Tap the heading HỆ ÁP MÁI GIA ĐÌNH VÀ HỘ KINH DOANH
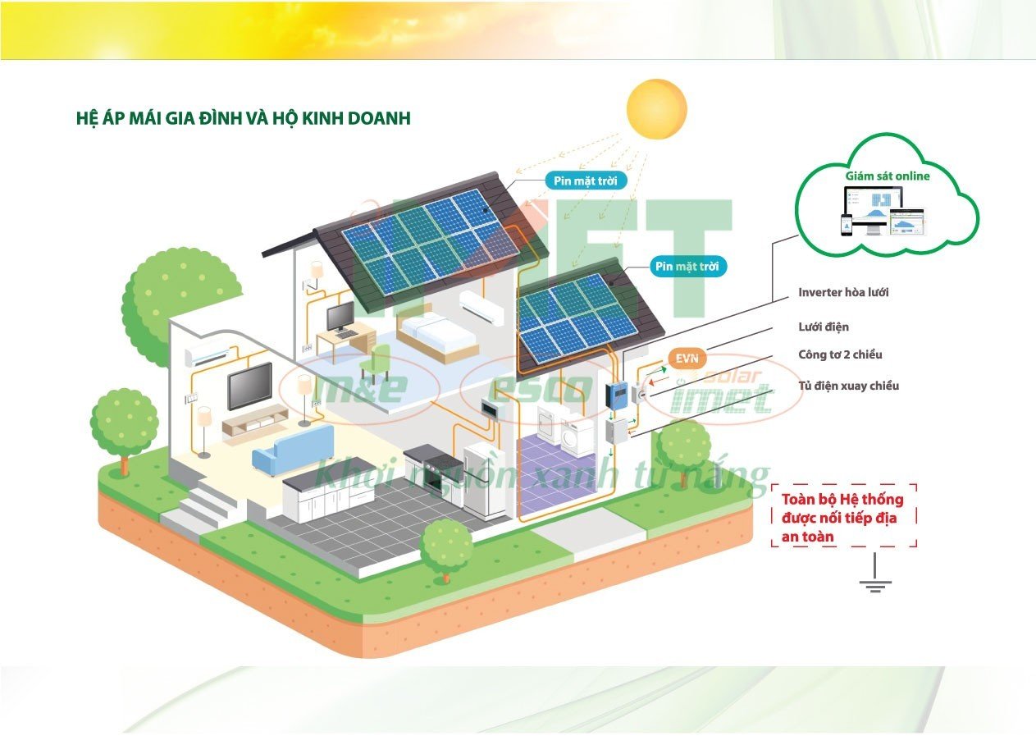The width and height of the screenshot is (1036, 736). coord(243,118)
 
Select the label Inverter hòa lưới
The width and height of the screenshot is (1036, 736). coord(843,292)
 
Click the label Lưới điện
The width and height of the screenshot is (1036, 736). coord(823,327)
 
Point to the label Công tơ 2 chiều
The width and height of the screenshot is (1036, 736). coord(840,354)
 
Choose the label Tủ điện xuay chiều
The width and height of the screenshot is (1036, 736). coord(848,385)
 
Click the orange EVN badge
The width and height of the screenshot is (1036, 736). coord(686,358)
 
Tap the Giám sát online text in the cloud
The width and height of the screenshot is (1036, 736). coord(888,176)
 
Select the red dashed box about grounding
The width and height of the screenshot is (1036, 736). coord(843,516)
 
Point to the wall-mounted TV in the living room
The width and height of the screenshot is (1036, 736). coord(250,385)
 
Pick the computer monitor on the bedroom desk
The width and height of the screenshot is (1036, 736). coord(340,316)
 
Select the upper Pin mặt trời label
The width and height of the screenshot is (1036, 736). coord(586,181)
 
